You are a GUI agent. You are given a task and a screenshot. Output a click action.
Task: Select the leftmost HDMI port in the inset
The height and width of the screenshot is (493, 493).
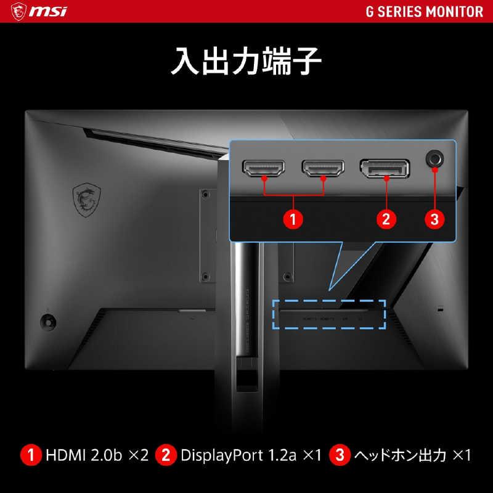click(x=264, y=168)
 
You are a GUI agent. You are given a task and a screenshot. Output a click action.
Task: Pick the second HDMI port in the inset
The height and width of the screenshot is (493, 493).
click(x=323, y=168)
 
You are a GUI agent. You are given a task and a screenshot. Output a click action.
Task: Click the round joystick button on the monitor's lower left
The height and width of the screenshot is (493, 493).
click(x=47, y=320)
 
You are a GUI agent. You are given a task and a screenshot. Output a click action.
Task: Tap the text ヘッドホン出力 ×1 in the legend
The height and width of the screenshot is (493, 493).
click(x=412, y=456)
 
